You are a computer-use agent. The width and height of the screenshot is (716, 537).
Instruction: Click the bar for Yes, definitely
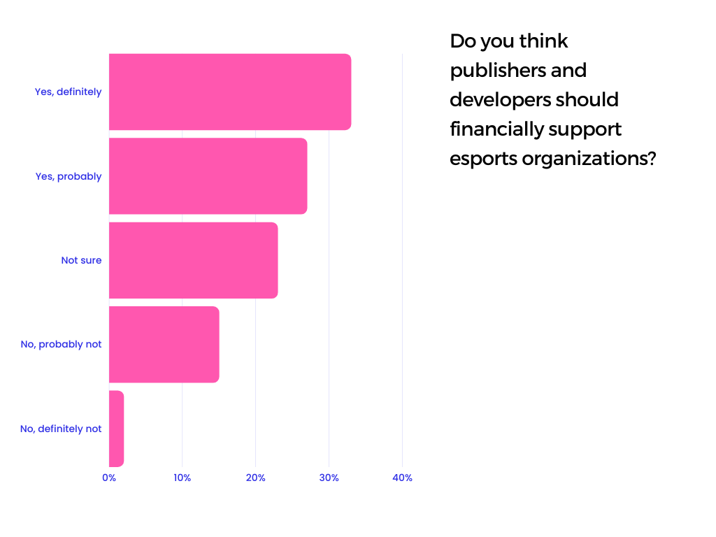[x=229, y=92]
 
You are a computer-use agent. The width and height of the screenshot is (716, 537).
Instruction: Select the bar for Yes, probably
[x=208, y=176]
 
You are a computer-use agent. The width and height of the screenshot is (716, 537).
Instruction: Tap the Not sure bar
[x=193, y=260]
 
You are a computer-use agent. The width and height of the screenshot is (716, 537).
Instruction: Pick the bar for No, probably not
[x=164, y=344]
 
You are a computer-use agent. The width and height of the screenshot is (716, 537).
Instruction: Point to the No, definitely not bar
[x=116, y=429]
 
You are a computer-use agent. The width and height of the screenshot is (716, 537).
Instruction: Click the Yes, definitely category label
[x=68, y=92]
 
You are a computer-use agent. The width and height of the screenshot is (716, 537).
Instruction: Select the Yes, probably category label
[x=69, y=176]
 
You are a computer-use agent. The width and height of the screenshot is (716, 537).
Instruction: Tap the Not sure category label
[x=81, y=260]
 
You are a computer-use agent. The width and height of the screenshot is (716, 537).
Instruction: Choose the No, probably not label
[x=61, y=344]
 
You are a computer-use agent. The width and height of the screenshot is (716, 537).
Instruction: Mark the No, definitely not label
[x=61, y=429]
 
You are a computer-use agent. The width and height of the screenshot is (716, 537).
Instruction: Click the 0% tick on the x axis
[x=109, y=478]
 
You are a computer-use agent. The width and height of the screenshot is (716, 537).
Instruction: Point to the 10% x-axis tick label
[x=182, y=478]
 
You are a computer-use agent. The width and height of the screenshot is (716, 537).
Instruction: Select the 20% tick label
[x=255, y=478]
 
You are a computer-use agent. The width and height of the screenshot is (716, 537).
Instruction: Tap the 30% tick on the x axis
[x=329, y=478]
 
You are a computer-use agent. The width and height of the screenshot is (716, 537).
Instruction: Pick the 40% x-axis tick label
[x=402, y=478]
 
